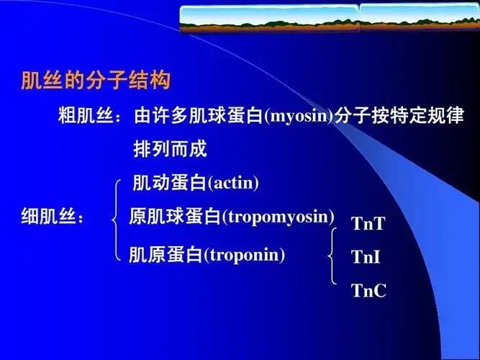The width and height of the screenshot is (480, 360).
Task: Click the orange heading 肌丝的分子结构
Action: click(x=95, y=81)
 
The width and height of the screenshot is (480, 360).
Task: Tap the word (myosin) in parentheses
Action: click(x=298, y=116)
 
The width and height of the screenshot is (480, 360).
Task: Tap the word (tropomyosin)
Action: click(x=279, y=216)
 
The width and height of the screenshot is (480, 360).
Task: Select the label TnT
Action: click(x=368, y=223)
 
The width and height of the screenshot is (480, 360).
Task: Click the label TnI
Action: click(x=366, y=257)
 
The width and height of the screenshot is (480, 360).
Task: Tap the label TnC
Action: click(x=368, y=291)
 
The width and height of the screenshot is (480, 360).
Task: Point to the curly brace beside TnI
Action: click(x=332, y=257)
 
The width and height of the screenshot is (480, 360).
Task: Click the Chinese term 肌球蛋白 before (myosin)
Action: click(x=231, y=116)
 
